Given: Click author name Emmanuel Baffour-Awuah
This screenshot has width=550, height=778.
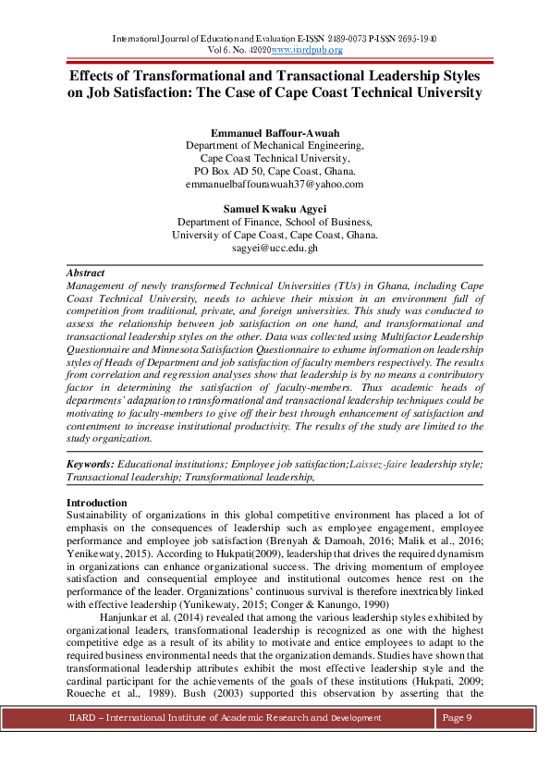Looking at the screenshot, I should click(275, 132).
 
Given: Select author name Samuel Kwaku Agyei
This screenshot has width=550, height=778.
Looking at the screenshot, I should click(275, 209).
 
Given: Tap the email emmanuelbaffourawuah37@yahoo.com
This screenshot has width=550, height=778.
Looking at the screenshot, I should click(275, 184).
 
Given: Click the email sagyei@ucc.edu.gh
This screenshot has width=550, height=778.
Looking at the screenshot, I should click(275, 249).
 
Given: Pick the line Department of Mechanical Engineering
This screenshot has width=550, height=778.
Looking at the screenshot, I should click(275, 145).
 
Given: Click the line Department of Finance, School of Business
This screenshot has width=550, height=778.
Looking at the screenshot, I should click(275, 223).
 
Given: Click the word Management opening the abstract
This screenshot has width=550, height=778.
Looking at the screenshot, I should click(102, 287).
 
